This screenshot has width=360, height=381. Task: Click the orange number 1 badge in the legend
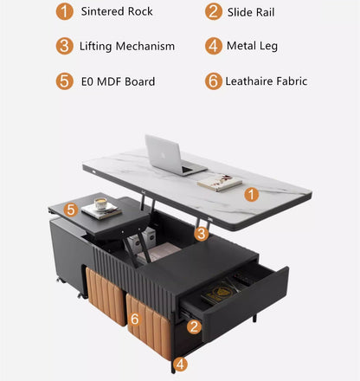[x=65, y=12]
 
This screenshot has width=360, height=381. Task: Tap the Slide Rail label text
[x=252, y=12]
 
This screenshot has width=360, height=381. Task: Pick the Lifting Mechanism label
[x=126, y=46]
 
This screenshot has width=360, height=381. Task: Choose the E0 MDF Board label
[x=118, y=81]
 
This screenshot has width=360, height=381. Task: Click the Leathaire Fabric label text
[x=267, y=81]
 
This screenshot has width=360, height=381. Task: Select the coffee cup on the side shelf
[x=101, y=204]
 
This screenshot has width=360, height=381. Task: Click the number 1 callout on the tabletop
[x=251, y=195]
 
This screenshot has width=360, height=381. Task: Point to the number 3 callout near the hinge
[x=201, y=233]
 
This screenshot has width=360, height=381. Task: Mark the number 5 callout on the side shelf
[x=72, y=209]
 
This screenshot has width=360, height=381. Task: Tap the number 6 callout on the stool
[x=134, y=320]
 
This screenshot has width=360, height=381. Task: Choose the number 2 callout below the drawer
[x=195, y=326]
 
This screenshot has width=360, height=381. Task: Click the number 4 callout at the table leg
[x=180, y=365]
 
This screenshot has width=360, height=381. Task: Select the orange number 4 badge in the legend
[x=214, y=46]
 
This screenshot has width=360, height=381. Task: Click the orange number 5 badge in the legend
[x=65, y=81]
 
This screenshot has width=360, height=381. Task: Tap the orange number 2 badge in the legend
[x=214, y=12]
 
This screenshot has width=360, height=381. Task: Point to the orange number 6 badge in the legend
[x=214, y=81]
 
